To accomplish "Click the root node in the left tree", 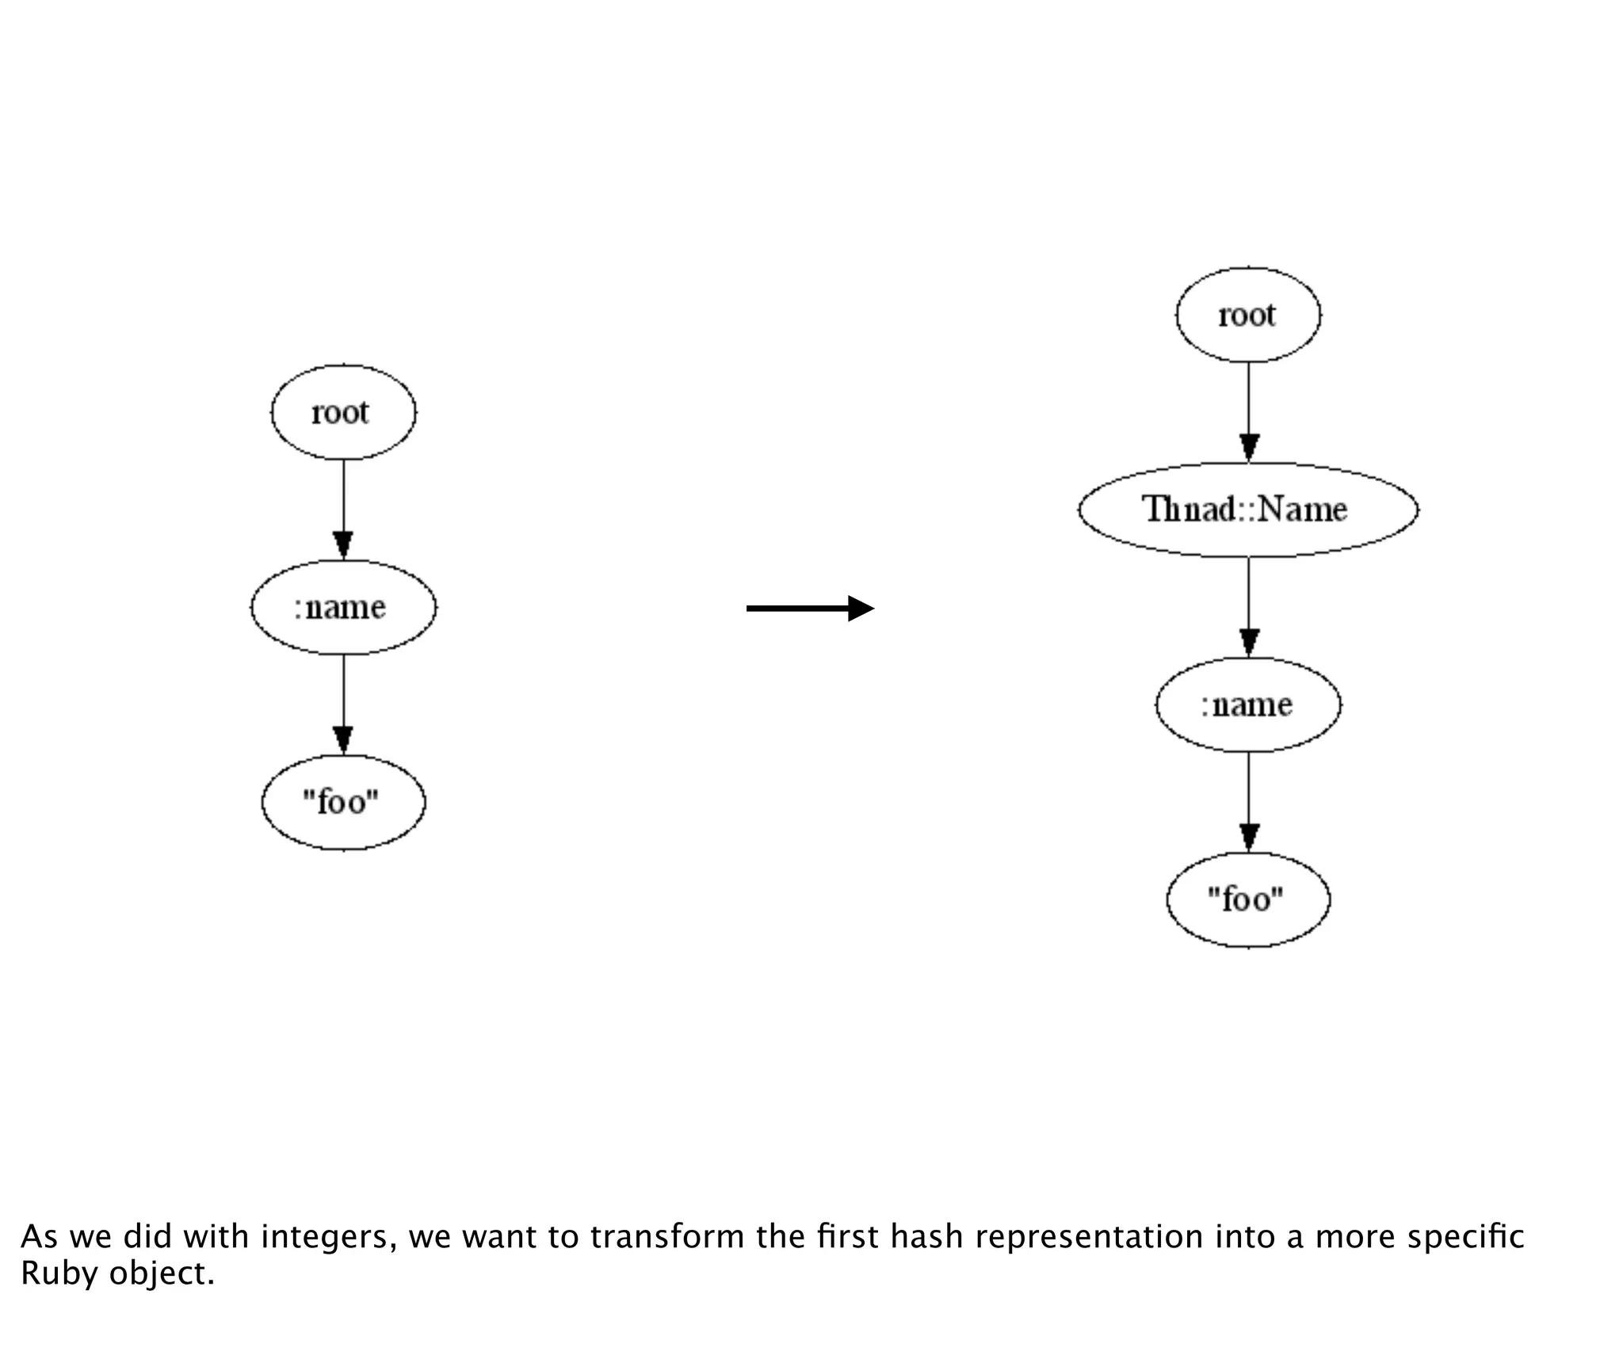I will tap(343, 412).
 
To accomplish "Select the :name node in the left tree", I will tap(343, 608).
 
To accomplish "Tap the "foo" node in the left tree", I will tap(343, 803).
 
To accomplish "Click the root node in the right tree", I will tap(1248, 315).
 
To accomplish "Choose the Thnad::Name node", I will tap(1248, 510).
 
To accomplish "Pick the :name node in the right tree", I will tap(1248, 704).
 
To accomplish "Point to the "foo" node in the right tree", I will tap(1248, 899).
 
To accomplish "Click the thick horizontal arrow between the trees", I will tap(809, 609).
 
